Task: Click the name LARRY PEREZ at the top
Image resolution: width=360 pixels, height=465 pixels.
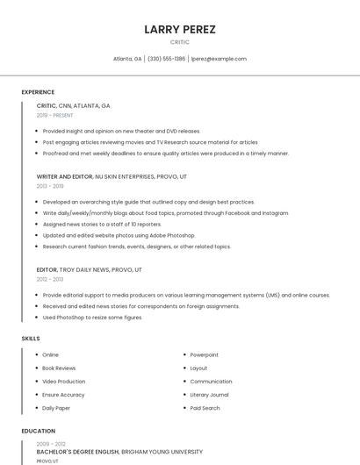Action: click(179, 29)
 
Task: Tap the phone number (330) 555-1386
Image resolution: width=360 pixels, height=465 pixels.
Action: click(166, 59)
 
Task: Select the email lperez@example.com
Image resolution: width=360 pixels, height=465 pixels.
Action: click(219, 59)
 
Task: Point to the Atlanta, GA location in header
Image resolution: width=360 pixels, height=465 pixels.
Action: click(127, 59)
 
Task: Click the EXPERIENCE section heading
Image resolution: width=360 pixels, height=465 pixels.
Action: click(38, 92)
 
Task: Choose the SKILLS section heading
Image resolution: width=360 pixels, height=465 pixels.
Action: click(31, 339)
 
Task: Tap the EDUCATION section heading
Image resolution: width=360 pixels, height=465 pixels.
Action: click(38, 432)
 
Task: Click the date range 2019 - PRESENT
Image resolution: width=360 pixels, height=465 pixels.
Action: click(54, 115)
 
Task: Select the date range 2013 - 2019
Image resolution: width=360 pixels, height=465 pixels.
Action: click(50, 186)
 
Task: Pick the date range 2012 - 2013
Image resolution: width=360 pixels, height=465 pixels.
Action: click(50, 279)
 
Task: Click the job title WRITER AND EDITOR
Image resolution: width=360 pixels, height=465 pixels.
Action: click(64, 176)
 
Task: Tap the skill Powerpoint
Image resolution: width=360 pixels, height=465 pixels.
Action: click(204, 354)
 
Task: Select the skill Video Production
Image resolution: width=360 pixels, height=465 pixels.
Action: click(63, 382)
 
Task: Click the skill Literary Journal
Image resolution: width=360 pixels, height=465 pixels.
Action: click(209, 395)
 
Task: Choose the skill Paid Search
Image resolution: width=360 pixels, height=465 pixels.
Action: click(205, 408)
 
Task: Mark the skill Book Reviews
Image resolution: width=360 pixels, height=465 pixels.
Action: click(59, 368)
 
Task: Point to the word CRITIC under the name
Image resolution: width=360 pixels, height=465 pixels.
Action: click(179, 42)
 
